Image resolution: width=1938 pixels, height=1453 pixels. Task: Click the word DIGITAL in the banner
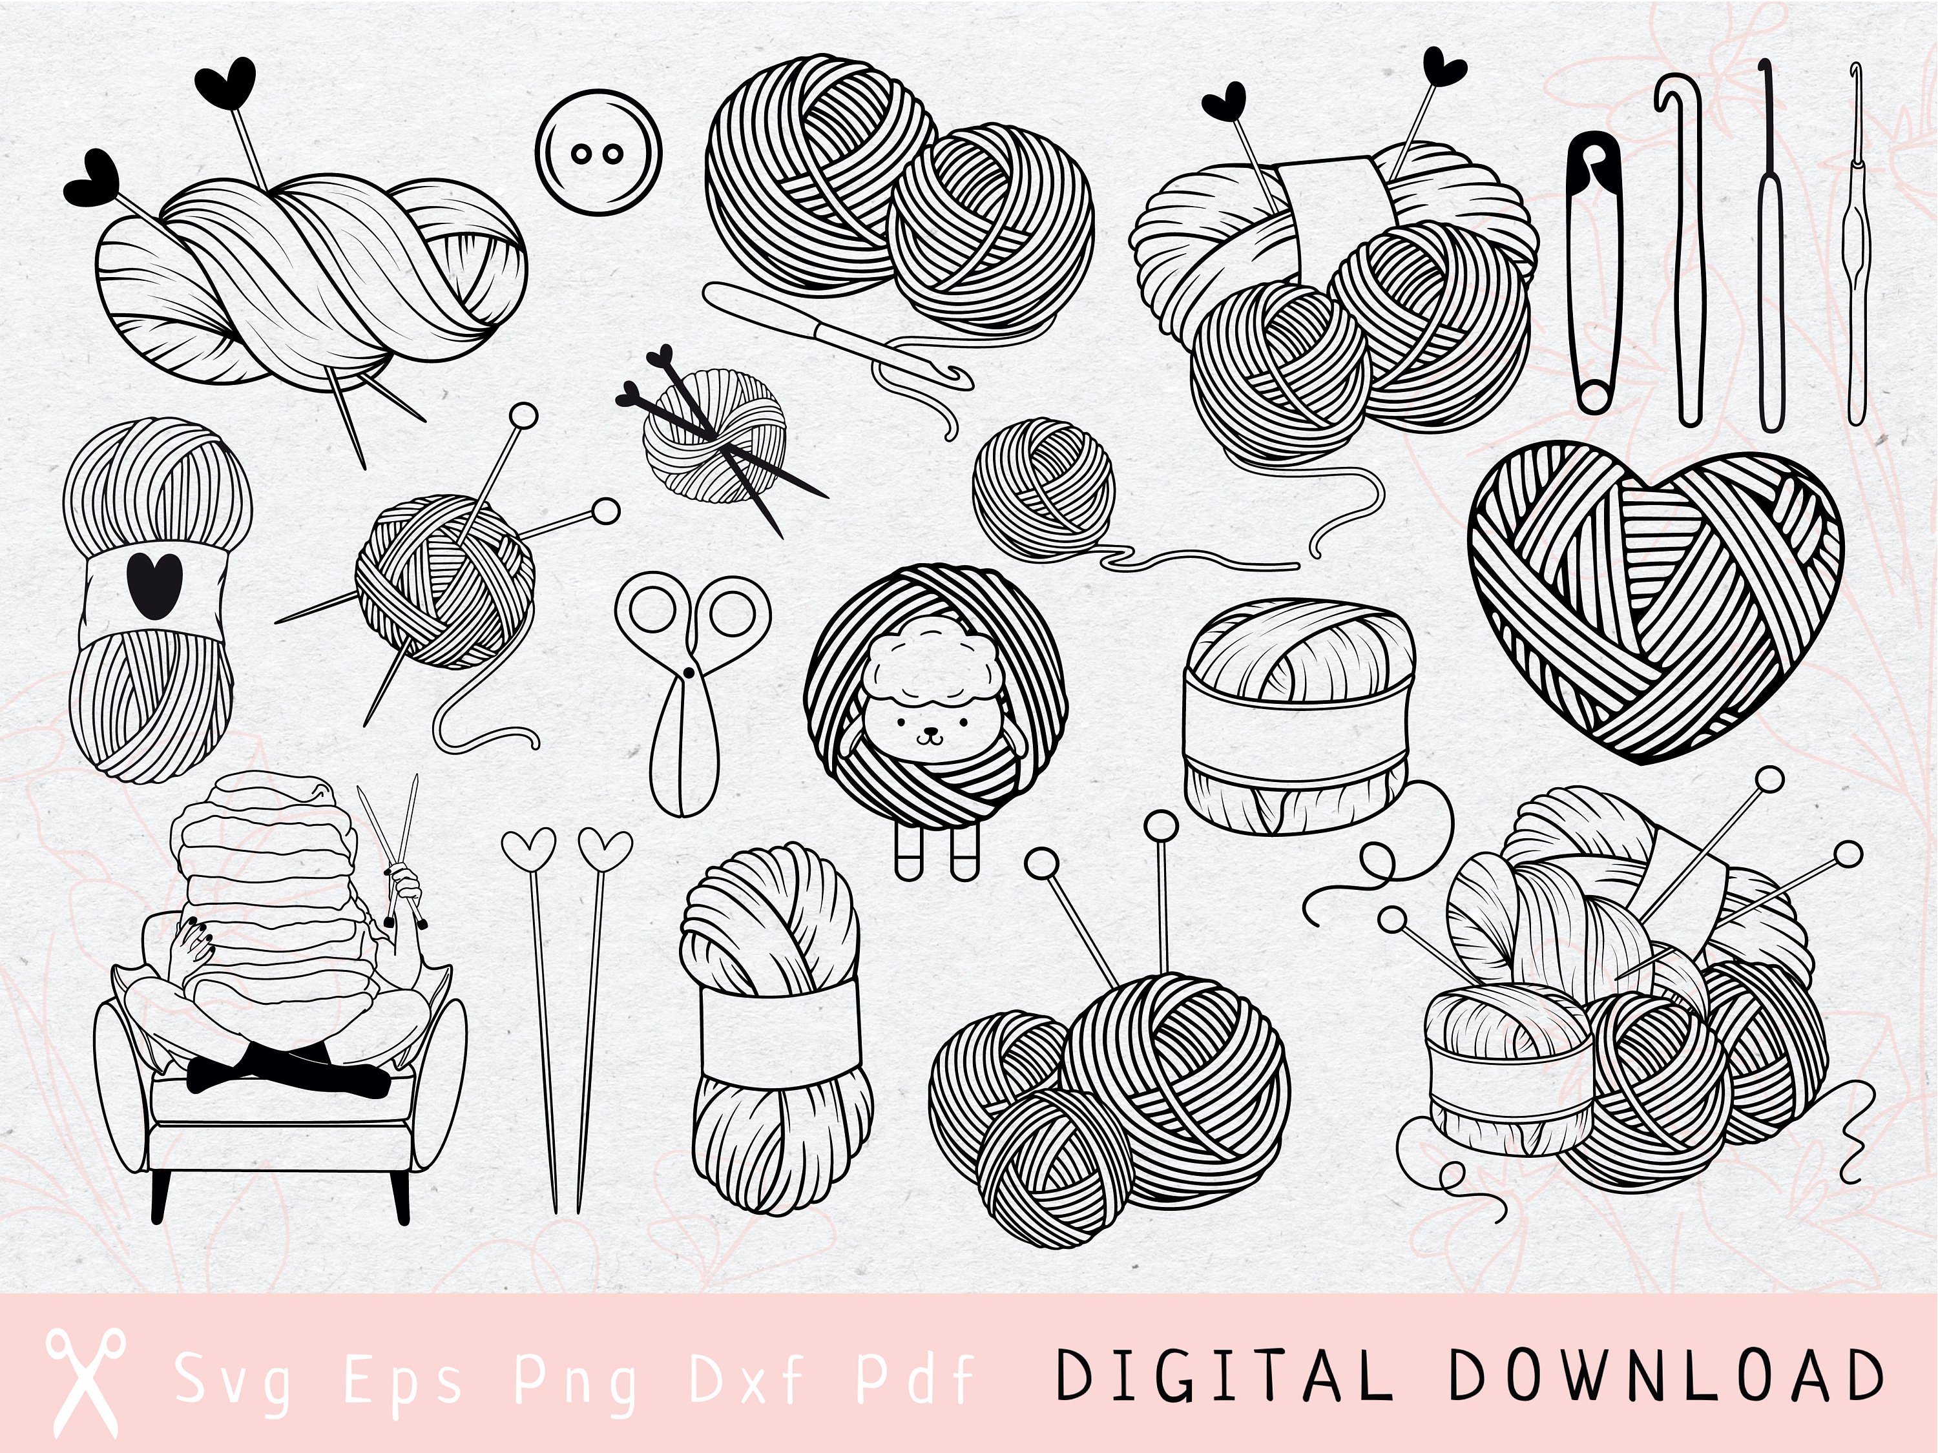[x=1223, y=1375]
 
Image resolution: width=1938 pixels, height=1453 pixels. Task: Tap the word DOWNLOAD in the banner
[x=1665, y=1375]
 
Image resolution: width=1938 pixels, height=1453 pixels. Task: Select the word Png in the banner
[x=576, y=1379]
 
